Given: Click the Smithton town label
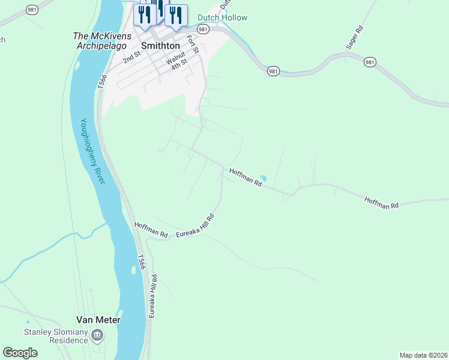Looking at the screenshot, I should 160,45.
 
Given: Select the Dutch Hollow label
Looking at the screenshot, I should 223,17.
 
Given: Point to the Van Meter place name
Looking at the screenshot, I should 98,320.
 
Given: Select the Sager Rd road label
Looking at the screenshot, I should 355,37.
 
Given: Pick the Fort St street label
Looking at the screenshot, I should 193,43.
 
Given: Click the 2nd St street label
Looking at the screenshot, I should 131,58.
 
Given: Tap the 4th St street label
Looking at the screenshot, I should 179,64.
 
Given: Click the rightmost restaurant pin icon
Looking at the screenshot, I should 176,16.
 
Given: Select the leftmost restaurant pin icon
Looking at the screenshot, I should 144,16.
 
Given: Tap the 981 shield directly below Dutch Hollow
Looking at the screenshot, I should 203,29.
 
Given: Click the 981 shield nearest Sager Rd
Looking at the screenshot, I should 370,62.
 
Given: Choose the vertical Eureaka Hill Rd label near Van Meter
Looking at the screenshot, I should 154,296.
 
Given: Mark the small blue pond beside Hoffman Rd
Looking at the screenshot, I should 262,177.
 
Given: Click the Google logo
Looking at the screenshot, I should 20,353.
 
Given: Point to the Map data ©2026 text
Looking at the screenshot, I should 423,355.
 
